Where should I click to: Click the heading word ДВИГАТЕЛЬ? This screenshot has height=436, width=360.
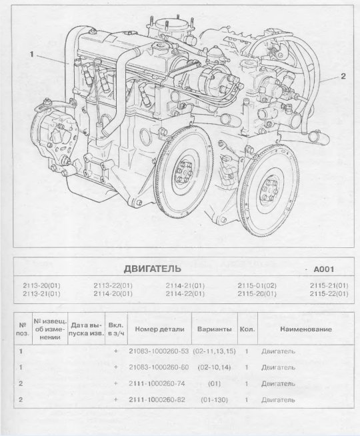click(x=152, y=269)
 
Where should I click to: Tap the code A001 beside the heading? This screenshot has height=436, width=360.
click(x=323, y=269)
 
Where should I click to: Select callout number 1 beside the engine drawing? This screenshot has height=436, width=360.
click(x=31, y=54)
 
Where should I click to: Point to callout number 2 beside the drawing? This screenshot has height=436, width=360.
click(x=343, y=76)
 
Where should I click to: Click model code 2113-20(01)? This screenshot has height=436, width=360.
click(x=41, y=285)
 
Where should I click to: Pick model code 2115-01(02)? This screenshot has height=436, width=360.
click(x=257, y=285)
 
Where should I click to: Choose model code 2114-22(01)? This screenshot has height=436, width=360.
click(x=185, y=293)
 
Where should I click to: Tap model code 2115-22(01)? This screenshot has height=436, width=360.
click(x=329, y=293)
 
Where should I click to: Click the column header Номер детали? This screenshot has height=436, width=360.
click(x=159, y=329)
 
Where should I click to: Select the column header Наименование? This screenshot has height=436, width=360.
click(x=306, y=329)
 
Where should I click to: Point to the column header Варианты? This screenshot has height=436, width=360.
click(x=214, y=329)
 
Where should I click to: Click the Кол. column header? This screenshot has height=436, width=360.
click(x=247, y=329)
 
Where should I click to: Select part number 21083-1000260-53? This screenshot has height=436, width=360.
click(x=159, y=351)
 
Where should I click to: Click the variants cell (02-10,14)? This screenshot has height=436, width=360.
click(x=214, y=367)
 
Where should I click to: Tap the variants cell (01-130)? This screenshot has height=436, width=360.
click(x=214, y=400)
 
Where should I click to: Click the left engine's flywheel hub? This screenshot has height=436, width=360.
click(x=184, y=171)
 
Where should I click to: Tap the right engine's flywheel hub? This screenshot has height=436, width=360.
click(x=269, y=190)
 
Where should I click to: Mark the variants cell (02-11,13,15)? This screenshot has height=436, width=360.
click(x=214, y=351)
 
